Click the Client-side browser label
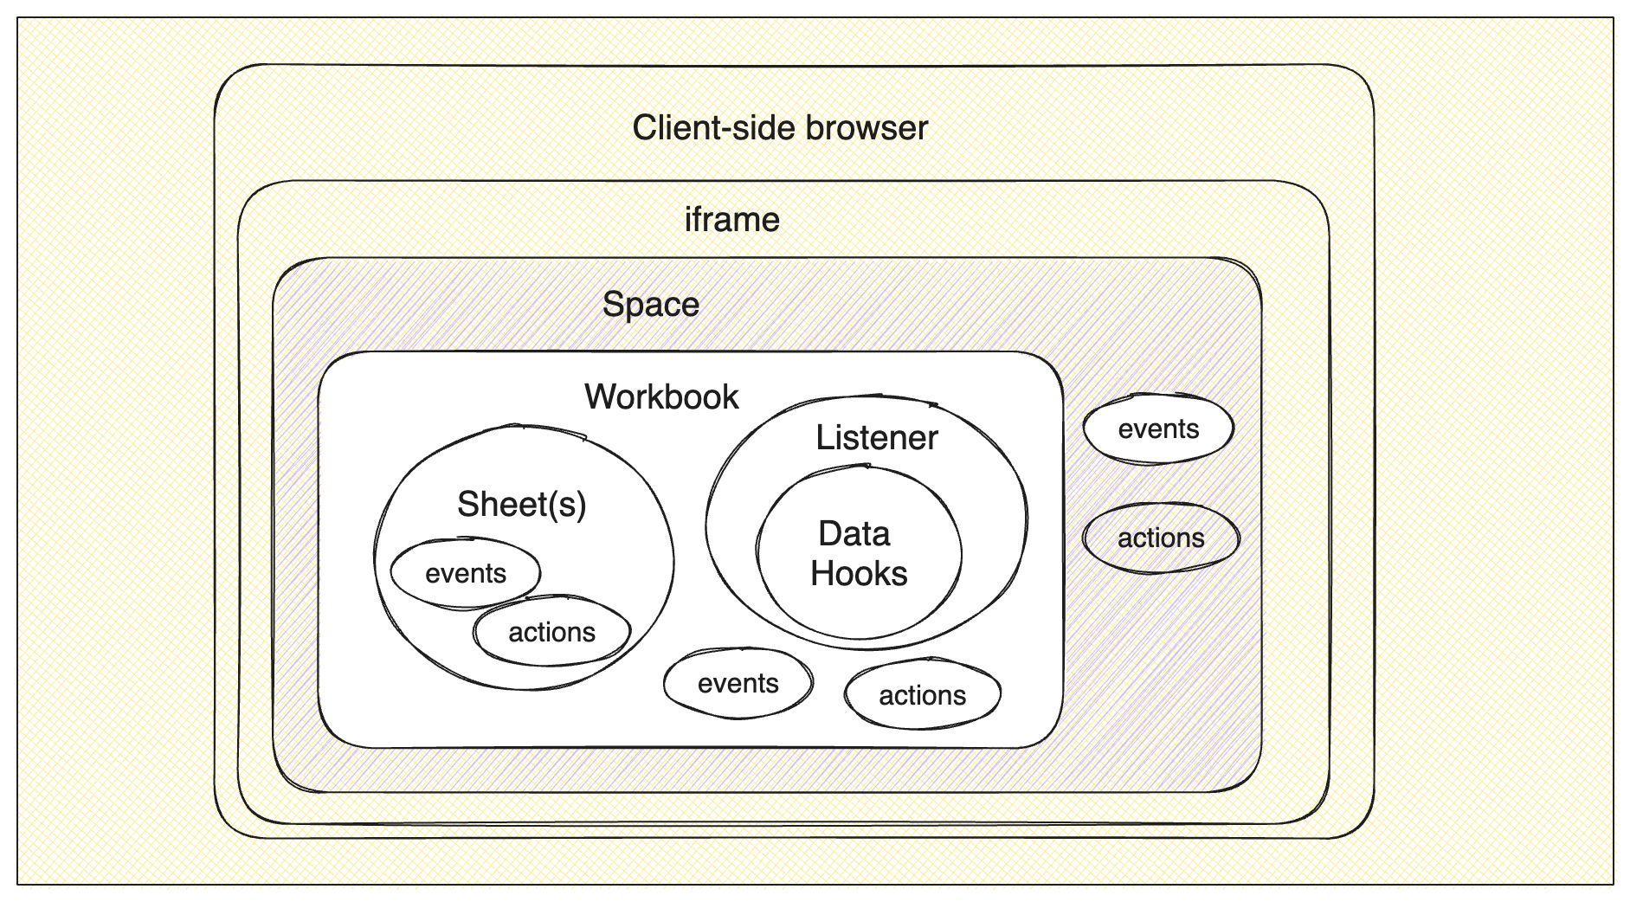click(x=780, y=128)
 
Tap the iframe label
click(x=731, y=220)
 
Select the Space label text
click(x=650, y=305)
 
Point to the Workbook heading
click(x=661, y=397)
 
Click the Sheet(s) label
click(x=521, y=505)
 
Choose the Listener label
click(x=876, y=438)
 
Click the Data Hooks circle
click(x=858, y=554)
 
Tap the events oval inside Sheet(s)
click(x=465, y=573)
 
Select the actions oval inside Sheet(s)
click(x=551, y=632)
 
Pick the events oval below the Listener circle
click(x=738, y=683)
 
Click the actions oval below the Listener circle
click(x=922, y=695)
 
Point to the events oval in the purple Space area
click(x=1158, y=428)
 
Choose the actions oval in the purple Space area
click(x=1161, y=538)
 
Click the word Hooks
click(x=859, y=574)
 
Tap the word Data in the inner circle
click(x=854, y=534)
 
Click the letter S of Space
click(x=612, y=305)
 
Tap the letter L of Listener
click(x=824, y=438)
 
